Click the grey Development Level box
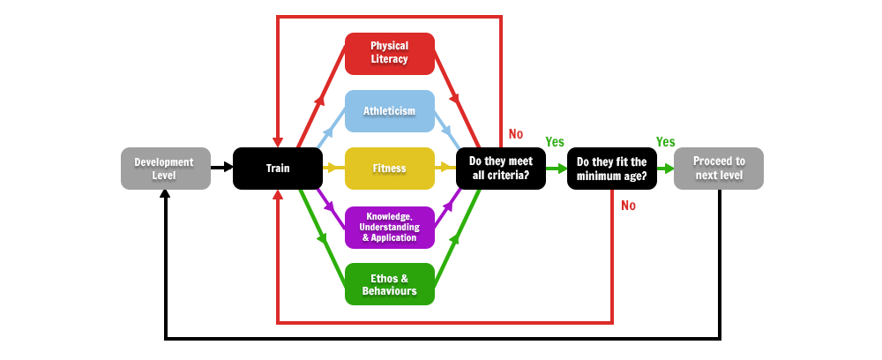tap(166, 169)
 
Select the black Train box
tap(278, 169)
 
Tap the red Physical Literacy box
tap(390, 54)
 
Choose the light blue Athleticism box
tap(390, 111)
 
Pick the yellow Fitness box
tap(390, 169)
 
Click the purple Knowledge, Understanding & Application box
tap(390, 228)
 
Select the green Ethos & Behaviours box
tap(390, 284)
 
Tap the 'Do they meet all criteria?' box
tap(501, 169)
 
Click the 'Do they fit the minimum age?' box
tap(612, 169)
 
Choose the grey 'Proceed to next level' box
tap(719, 169)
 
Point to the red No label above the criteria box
tap(516, 134)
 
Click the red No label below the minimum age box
tap(628, 206)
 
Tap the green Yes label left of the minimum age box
tap(555, 142)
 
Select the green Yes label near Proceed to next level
tap(665, 142)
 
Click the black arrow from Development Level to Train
tap(221, 167)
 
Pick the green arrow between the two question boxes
tap(557, 169)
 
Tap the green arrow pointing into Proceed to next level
tap(665, 169)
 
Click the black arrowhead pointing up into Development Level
tap(166, 194)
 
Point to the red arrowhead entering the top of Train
tap(277, 142)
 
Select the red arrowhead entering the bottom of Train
tap(277, 195)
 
